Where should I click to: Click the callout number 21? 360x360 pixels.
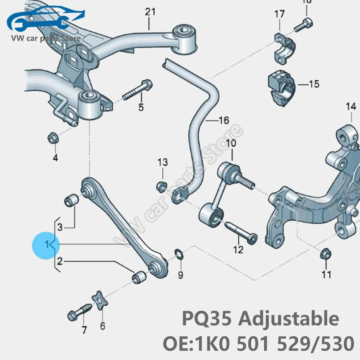(150, 12)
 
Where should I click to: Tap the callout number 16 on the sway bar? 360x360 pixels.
(224, 120)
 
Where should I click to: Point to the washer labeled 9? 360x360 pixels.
(178, 253)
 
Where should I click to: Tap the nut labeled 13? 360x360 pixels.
(162, 186)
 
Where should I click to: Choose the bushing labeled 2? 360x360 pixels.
(140, 277)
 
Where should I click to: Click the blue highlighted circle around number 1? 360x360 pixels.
(46, 244)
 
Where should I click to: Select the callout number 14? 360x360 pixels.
(350, 106)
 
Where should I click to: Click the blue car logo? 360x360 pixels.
(44, 20)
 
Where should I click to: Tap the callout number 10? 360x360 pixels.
(231, 143)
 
